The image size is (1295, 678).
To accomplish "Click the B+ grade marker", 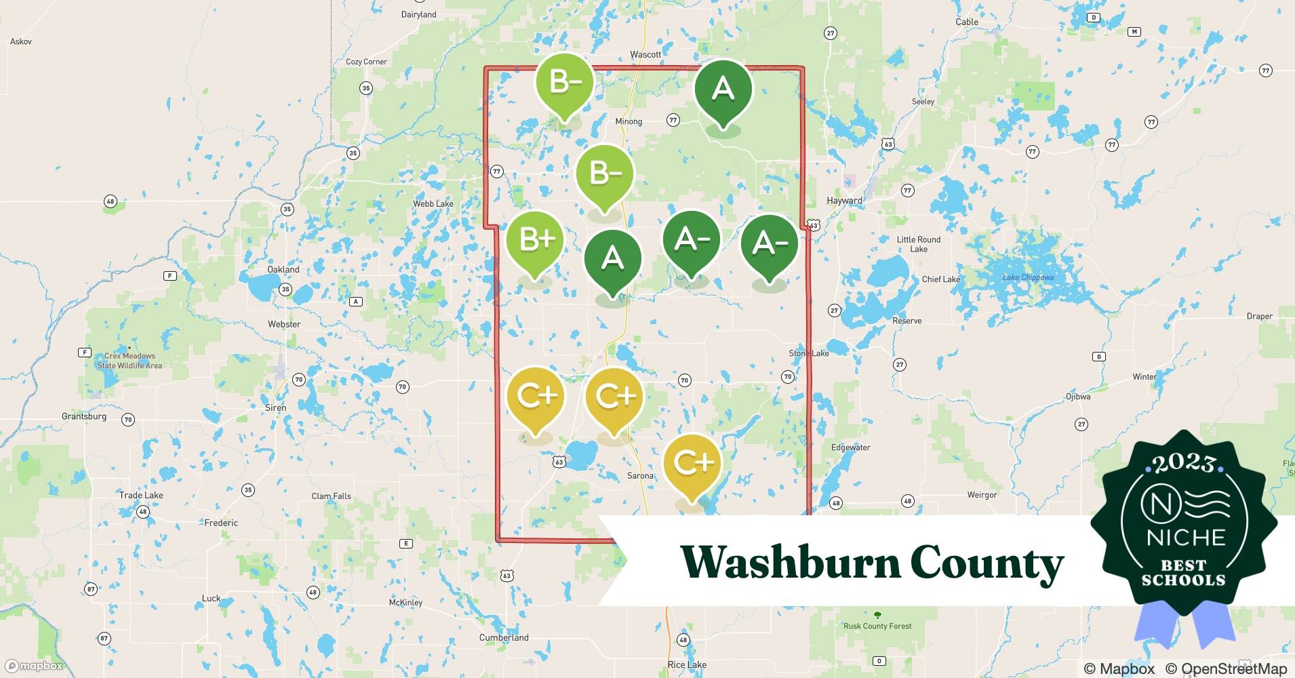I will [x=535, y=241].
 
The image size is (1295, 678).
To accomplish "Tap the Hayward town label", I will [x=844, y=201].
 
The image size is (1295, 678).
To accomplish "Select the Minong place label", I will [x=629, y=122].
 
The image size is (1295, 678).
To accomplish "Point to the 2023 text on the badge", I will [x=1184, y=463].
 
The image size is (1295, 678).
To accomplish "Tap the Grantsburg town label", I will [x=84, y=416].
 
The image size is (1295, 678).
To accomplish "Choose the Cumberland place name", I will [x=504, y=638].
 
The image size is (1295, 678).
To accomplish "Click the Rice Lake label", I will [x=687, y=665].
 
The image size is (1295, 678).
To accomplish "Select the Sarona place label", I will [x=640, y=476].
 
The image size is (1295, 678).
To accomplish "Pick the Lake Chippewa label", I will [x=1028, y=277].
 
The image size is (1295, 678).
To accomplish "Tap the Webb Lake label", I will [x=433, y=204].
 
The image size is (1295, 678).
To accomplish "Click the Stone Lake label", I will [x=809, y=353].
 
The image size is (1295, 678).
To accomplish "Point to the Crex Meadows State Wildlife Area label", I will [x=129, y=361].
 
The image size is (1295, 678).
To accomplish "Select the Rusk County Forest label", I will [x=877, y=626].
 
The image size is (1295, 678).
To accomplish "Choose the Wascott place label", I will [x=645, y=55].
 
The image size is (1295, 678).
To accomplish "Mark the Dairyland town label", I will [x=419, y=15].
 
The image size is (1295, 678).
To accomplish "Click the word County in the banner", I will [x=987, y=563].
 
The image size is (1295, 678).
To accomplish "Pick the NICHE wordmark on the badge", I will [x=1186, y=538].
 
